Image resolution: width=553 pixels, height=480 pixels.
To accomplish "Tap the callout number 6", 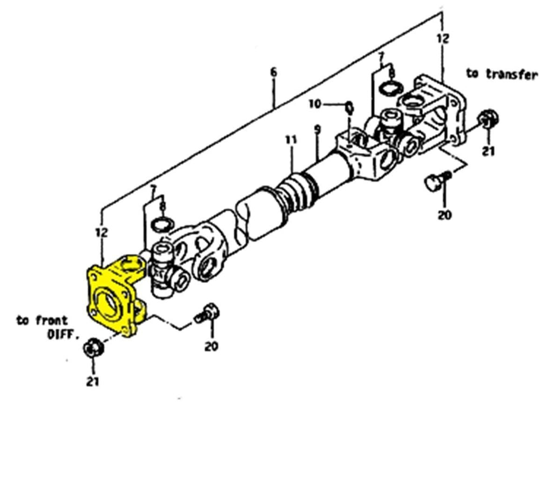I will [273, 72].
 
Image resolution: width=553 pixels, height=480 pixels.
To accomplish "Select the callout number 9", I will [318, 130].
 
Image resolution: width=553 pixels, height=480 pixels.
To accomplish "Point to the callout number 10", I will [315, 103].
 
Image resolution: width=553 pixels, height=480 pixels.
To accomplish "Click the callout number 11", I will [292, 140].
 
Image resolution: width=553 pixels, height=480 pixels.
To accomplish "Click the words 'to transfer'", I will [502, 75].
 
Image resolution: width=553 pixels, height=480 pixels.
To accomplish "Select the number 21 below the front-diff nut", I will [93, 382].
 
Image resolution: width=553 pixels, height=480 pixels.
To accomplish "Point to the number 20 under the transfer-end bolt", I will [444, 215].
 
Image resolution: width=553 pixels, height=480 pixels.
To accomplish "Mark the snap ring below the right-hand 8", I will [390, 88].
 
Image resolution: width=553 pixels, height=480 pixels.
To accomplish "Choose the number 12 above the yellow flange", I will [102, 232].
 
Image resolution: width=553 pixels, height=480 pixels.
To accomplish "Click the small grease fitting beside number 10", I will [349, 107].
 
